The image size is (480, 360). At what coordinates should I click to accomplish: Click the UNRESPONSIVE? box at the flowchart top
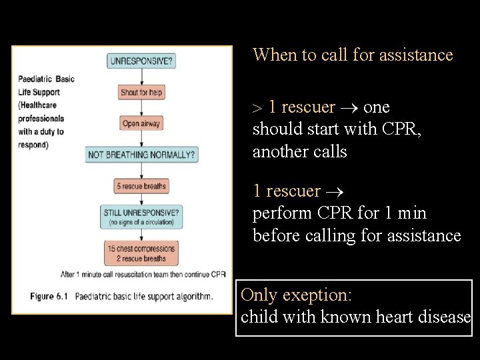pos(141,61)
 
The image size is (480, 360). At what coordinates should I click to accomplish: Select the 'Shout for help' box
pos(141,93)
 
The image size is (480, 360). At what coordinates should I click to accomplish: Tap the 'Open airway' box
pos(141,123)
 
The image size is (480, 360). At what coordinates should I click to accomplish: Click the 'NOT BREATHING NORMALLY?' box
pos(142,155)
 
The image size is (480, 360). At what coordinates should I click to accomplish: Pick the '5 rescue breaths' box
pos(141,186)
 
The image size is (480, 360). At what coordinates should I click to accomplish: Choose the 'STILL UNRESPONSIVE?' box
pos(141,216)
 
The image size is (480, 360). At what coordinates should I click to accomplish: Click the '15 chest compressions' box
pos(141,253)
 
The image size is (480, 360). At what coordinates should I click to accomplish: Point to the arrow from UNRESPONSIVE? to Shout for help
pos(141,77)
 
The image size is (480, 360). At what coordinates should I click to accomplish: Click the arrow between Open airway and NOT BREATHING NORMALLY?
pos(141,139)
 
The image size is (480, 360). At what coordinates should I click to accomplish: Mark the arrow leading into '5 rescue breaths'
pos(141,171)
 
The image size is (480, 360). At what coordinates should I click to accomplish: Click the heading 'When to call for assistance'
pos(353,55)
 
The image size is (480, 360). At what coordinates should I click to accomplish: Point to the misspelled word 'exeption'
pos(325,295)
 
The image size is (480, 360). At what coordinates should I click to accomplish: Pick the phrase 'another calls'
pos(299,152)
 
